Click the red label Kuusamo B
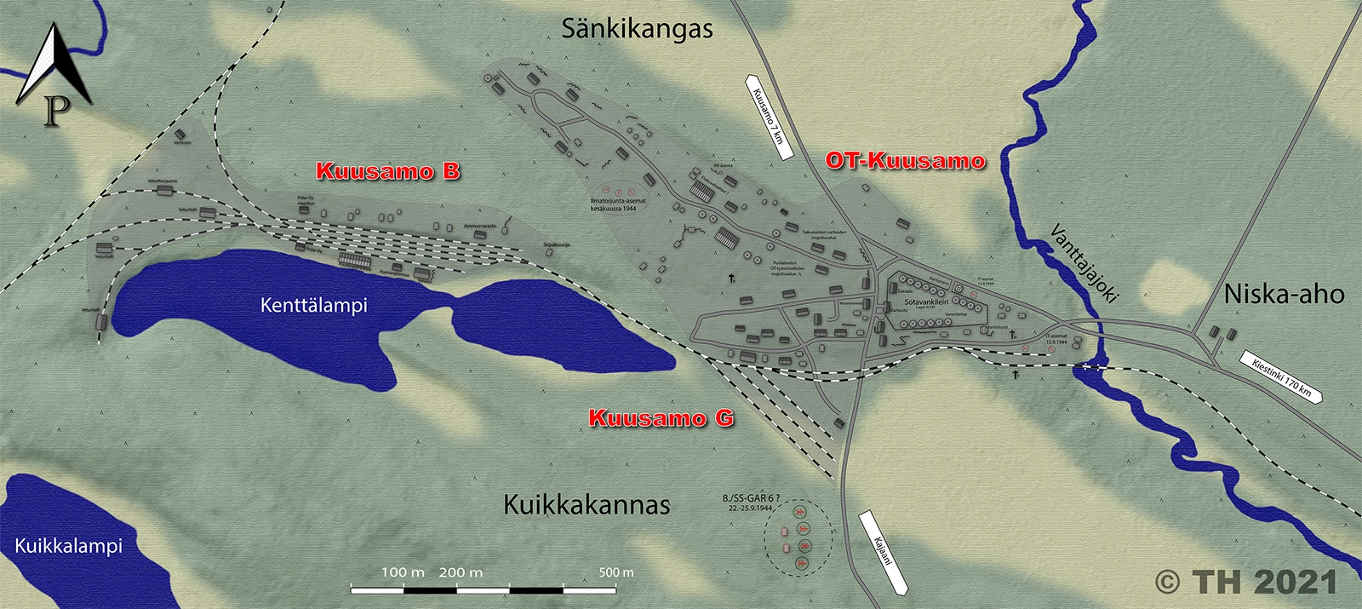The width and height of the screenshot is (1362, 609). [387, 171]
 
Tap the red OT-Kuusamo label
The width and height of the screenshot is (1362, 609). [905, 161]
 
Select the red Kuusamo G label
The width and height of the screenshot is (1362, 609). [661, 418]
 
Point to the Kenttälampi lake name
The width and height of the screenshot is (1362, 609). [313, 305]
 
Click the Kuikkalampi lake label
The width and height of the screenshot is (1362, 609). [68, 546]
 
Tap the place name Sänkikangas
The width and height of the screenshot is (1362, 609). [637, 29]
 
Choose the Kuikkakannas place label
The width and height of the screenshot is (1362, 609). [587, 504]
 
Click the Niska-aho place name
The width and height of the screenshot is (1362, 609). [1284, 295]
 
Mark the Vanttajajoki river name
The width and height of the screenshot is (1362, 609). [1083, 263]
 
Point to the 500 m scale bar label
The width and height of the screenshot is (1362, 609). [615, 572]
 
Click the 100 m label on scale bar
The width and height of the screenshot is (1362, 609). [403, 572]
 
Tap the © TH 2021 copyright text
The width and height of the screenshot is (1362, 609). [1246, 582]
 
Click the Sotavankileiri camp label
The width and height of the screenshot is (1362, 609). [926, 302]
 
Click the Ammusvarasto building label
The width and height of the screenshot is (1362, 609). [479, 227]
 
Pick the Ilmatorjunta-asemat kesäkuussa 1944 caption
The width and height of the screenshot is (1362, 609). [618, 204]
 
